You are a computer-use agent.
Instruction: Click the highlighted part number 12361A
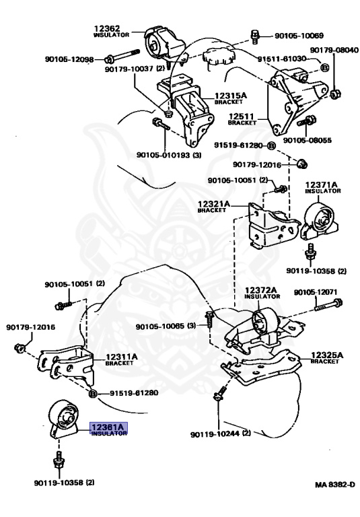point(108,427)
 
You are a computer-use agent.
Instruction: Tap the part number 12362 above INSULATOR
point(107,29)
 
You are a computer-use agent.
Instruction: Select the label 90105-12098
point(69,59)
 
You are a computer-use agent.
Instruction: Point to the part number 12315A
point(231,96)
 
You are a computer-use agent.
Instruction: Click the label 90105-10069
point(299,35)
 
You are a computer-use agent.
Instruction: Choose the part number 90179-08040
point(334,50)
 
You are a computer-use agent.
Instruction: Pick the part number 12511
point(242,116)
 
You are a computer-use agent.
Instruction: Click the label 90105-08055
point(308,140)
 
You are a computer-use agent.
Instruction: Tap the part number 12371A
point(322,184)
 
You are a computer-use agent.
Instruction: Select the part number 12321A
point(214,204)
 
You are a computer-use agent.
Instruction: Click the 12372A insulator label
point(261,290)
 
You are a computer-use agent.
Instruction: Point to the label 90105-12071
point(316,292)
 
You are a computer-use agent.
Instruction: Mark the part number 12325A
point(327,355)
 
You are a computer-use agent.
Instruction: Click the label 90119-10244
point(215,434)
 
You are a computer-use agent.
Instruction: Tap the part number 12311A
point(122,356)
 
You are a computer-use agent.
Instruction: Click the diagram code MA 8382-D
point(335,485)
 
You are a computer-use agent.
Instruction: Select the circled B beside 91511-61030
point(324,67)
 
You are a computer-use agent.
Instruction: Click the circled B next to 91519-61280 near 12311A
point(93,393)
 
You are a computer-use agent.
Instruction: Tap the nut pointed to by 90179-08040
point(335,94)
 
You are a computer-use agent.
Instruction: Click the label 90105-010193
point(164,155)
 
